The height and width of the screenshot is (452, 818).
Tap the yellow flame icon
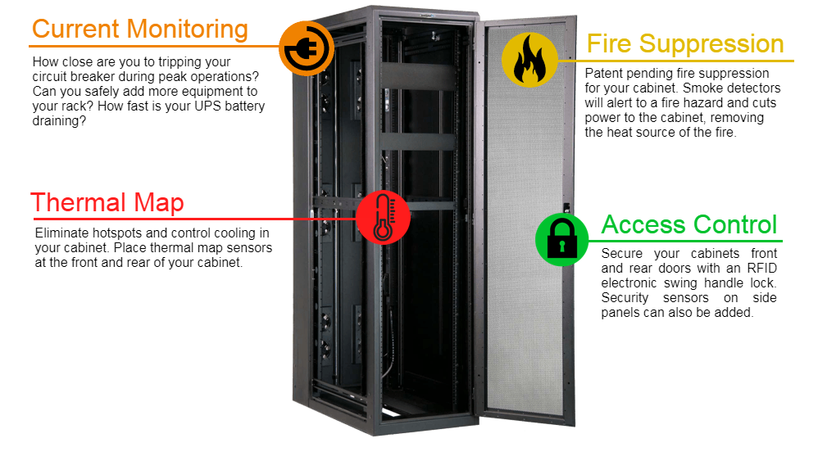529,60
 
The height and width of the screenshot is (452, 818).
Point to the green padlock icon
562,240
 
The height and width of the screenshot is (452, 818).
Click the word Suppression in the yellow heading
711,43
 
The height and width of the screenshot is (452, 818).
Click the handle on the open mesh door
566,209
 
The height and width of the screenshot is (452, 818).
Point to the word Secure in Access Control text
622,254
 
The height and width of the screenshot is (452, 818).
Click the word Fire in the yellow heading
610,43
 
